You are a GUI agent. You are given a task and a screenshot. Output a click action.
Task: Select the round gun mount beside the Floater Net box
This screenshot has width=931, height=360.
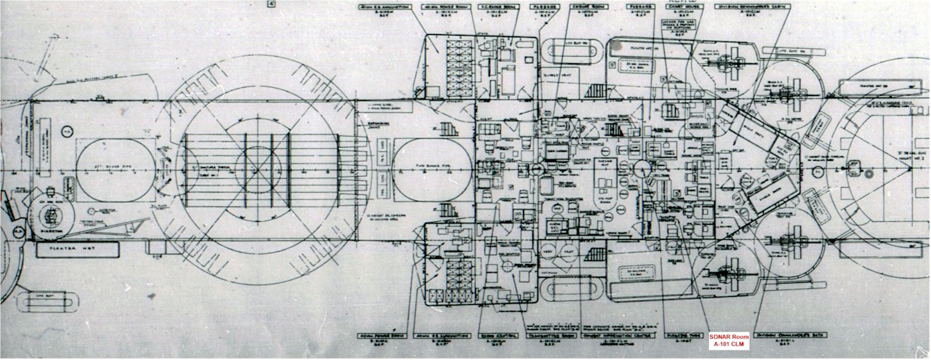point(53,216)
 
